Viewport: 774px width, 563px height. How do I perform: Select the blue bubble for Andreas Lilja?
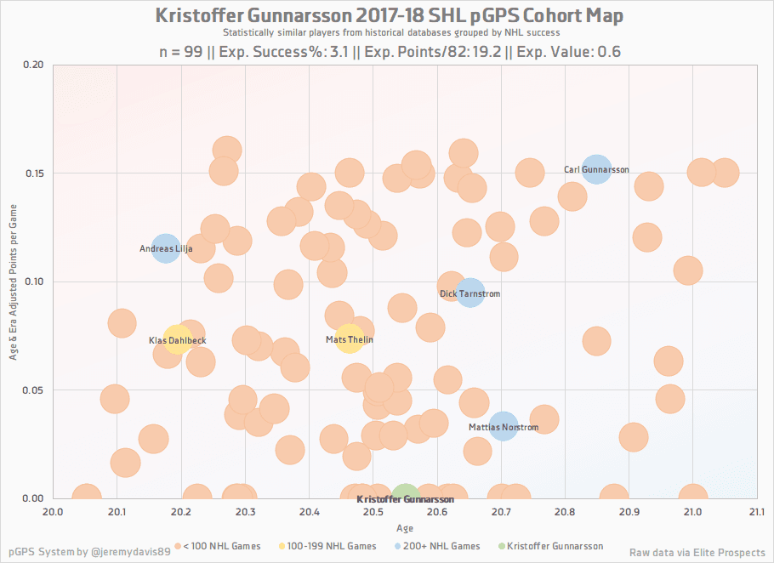click(165, 249)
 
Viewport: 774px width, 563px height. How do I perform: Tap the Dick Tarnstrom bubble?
click(470, 293)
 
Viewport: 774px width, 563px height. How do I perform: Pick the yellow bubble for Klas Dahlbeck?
click(176, 340)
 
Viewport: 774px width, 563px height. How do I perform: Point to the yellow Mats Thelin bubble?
click(349, 339)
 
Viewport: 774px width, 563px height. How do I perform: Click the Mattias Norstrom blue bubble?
click(503, 426)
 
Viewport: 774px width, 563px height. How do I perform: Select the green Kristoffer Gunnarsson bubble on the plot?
click(405, 498)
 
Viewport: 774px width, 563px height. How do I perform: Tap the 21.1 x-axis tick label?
click(756, 511)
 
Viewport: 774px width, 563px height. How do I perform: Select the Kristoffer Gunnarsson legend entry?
click(550, 546)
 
